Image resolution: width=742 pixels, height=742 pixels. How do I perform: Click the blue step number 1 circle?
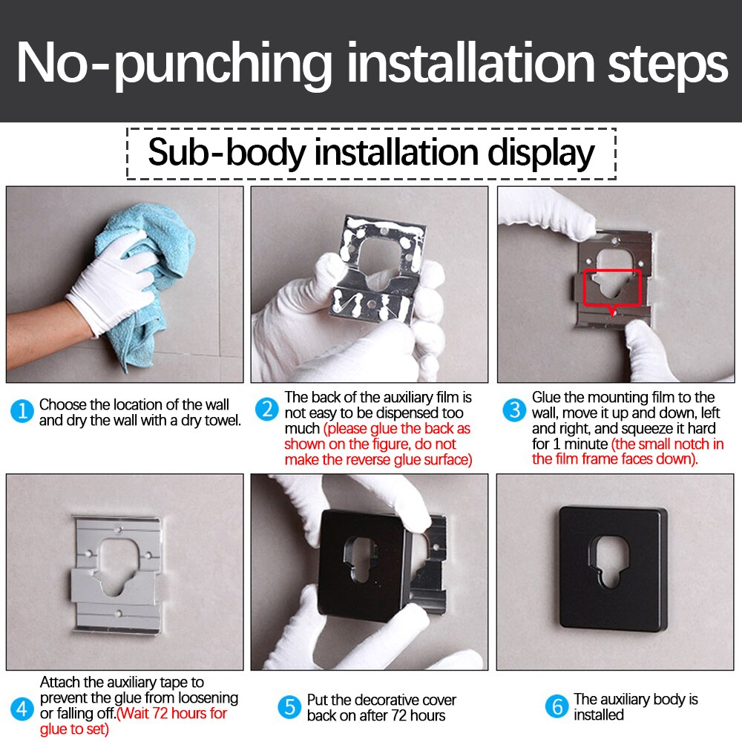pos(22,411)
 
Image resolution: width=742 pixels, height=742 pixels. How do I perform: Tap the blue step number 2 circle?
pos(267,410)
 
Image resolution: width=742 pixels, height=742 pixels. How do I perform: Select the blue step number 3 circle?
pos(514,410)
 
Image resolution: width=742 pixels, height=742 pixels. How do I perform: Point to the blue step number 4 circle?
pos(22,709)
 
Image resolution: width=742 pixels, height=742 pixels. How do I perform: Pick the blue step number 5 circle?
pos(289,707)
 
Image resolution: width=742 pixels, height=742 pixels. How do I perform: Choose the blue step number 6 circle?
pos(556,706)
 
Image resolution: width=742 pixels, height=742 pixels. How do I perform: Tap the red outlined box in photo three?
pos(612,289)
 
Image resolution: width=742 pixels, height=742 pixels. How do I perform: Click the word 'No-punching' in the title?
pos(174,64)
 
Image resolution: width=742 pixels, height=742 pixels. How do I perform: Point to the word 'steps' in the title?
pos(668,65)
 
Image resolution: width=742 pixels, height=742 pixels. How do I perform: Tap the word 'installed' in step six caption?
pos(599,715)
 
